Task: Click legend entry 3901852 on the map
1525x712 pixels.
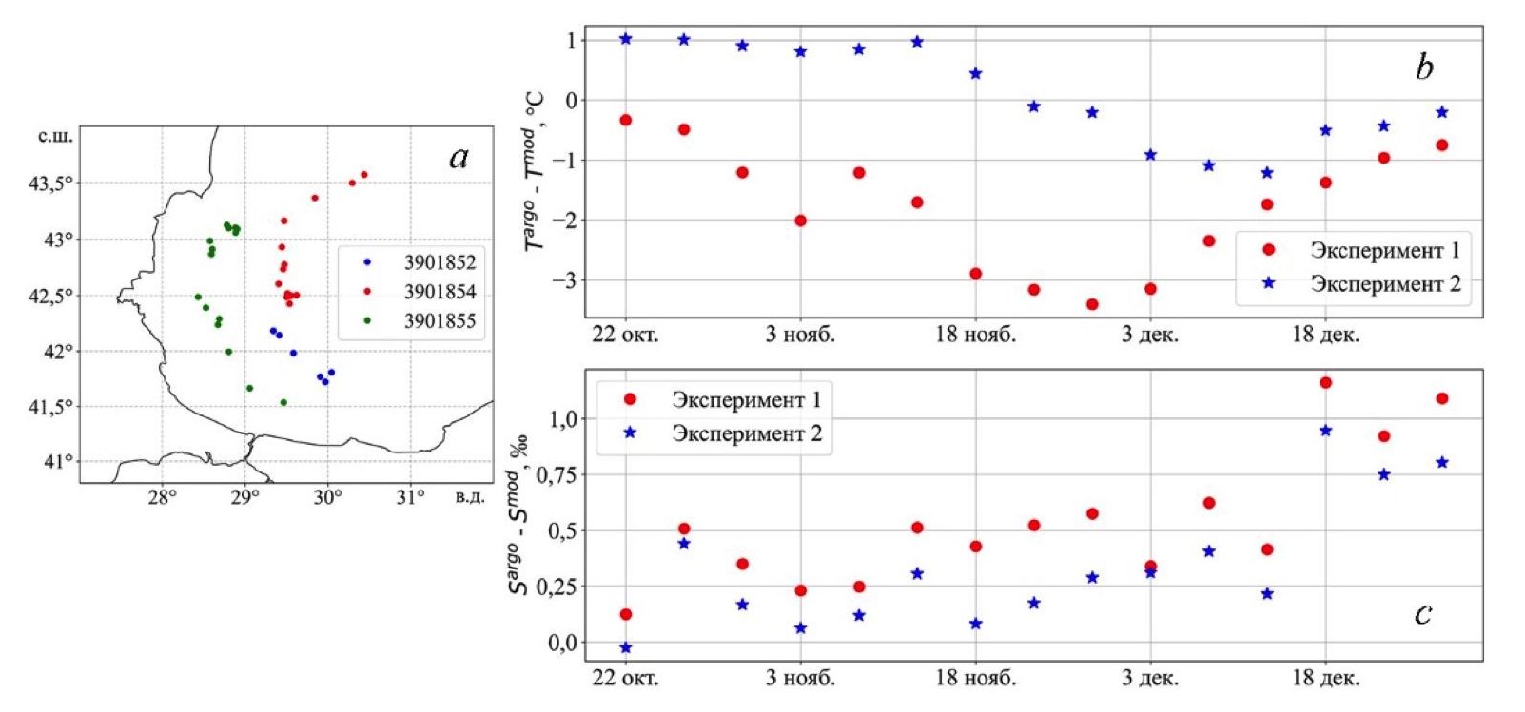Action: [x=439, y=262]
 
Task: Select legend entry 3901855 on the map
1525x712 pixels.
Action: [x=439, y=321]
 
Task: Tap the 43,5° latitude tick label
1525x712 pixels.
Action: [x=49, y=183]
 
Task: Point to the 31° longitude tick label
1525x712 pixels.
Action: [x=410, y=496]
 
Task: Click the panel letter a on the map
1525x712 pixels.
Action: [x=459, y=157]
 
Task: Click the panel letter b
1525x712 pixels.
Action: [x=1424, y=67]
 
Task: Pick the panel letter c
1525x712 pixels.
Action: [x=1423, y=614]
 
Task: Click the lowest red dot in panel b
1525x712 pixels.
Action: [x=1092, y=304]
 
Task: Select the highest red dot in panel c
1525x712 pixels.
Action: [x=1326, y=383]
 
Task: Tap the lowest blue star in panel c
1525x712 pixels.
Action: [x=626, y=648]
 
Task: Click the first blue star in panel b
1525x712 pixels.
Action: [x=626, y=39]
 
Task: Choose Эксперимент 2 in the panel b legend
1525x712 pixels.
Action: [x=1384, y=283]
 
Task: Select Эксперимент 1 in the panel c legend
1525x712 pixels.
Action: [x=746, y=399]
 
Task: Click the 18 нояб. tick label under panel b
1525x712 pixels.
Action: [x=975, y=335]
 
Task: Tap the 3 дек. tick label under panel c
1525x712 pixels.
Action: [x=1150, y=678]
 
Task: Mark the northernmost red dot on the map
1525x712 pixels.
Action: [x=364, y=175]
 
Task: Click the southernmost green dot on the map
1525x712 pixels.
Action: [x=283, y=402]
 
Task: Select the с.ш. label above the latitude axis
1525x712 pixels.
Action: [x=55, y=136]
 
